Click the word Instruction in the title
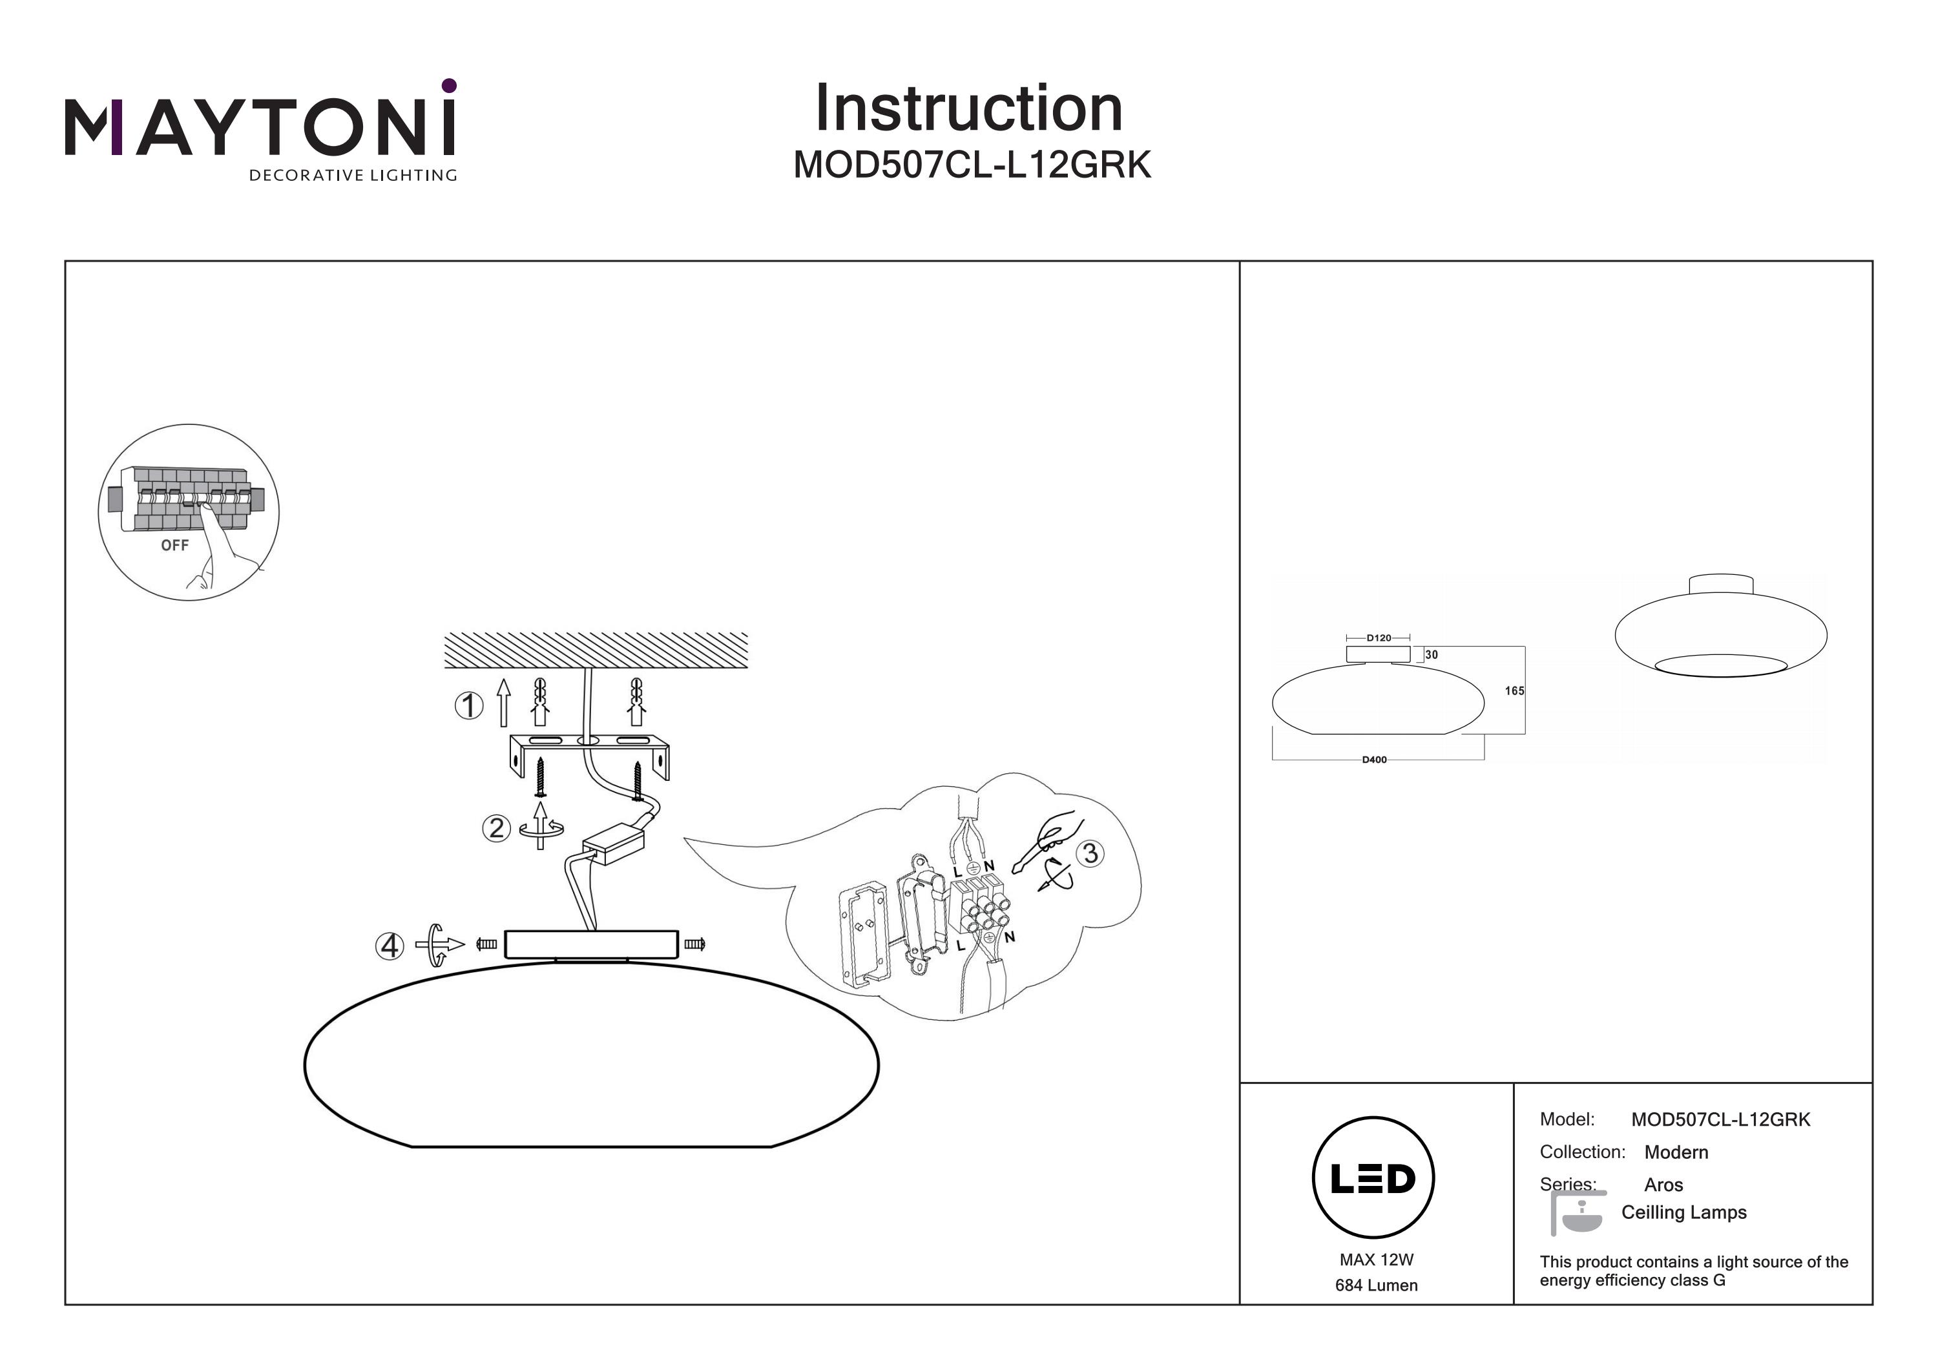(968, 109)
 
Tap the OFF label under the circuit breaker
(174, 545)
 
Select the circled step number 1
(469, 705)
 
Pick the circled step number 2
(496, 827)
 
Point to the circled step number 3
(1090, 853)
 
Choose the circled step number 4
(389, 946)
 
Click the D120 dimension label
(1379, 638)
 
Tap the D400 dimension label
(1374, 760)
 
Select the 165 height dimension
(1514, 690)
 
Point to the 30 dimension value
(1432, 654)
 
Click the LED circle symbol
(1373, 1178)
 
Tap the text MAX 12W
(1376, 1260)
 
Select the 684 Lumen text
(1376, 1285)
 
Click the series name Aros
(1663, 1185)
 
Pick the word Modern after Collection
(1676, 1152)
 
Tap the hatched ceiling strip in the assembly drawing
(596, 650)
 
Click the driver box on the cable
(613, 842)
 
